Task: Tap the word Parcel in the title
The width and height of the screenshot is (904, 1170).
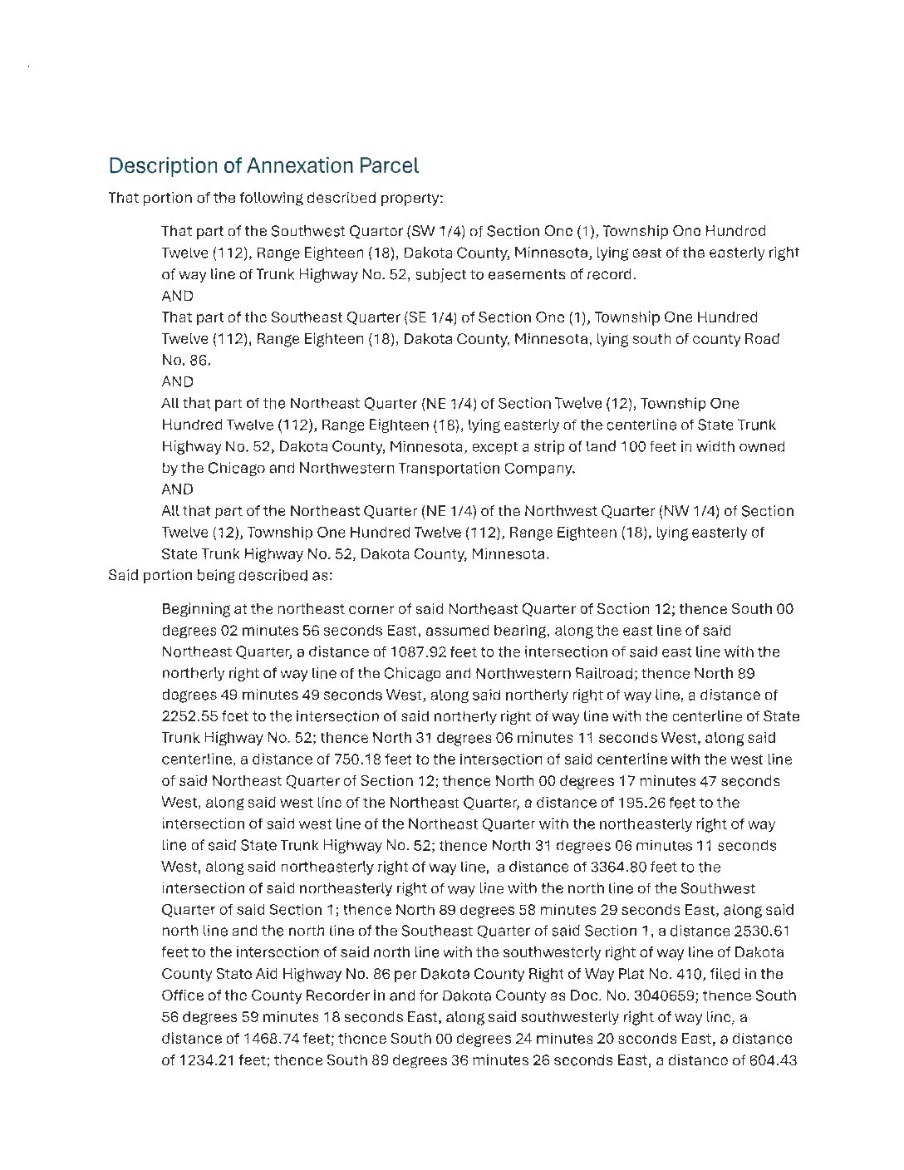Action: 389,165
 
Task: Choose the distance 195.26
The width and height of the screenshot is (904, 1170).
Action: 642,803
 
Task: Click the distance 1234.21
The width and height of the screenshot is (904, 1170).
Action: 208,1060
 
